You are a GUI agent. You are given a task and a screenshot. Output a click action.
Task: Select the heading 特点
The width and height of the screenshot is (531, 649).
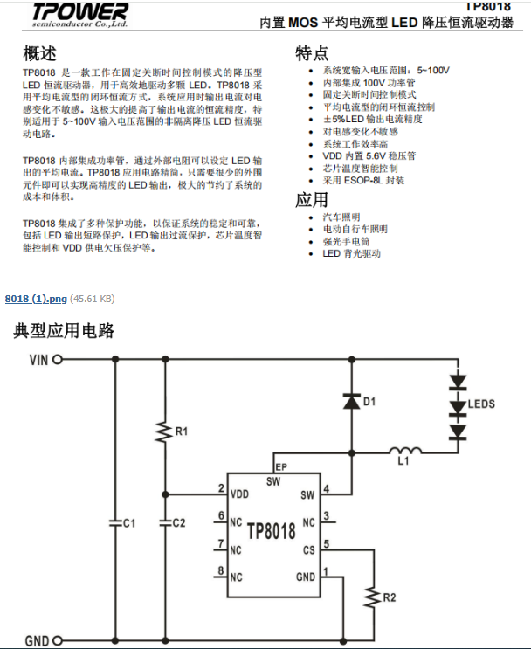pos(312,52)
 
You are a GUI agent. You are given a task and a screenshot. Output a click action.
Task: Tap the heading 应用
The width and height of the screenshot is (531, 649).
pos(312,198)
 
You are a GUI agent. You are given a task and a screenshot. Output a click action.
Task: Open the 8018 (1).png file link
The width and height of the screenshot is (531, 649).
pos(36,299)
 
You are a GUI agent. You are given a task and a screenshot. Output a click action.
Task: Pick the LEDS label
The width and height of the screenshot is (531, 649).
pos(481,404)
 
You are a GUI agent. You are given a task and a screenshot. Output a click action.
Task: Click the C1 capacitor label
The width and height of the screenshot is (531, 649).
pos(128,522)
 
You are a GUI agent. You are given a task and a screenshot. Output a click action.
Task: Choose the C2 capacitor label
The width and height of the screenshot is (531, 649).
pos(179,522)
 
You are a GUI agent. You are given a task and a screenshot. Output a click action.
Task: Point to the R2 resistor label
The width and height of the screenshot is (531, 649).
pos(390,598)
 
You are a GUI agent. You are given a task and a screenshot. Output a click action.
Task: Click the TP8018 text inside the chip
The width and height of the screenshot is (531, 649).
pos(272,531)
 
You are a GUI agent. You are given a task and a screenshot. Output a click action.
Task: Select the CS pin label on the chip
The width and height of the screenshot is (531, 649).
pos(307,550)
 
